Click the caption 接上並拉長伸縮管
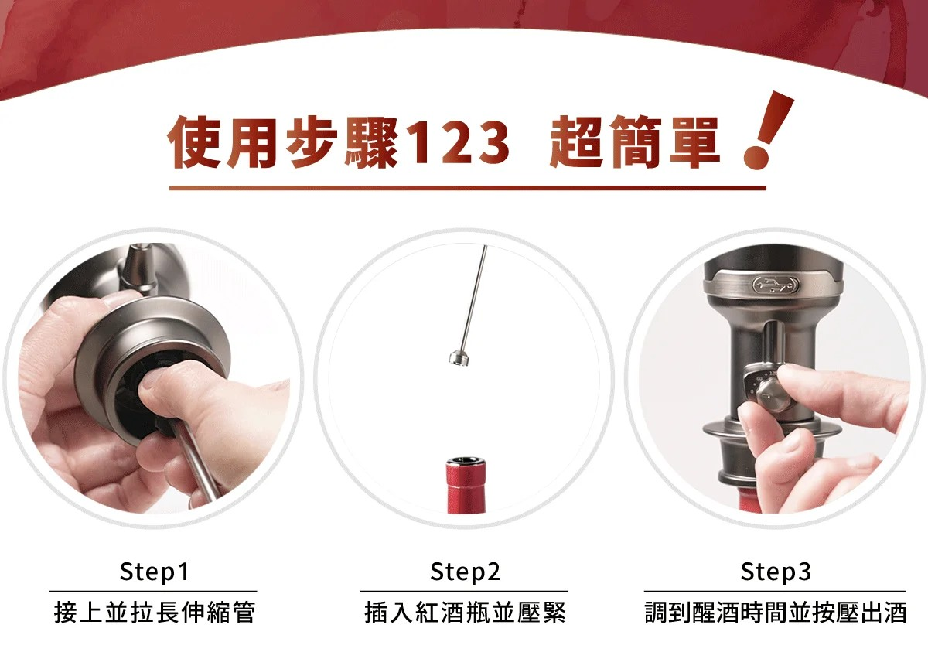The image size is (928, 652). tap(154, 613)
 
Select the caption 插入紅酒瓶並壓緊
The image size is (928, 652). tap(465, 613)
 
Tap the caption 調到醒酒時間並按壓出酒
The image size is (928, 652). tap(776, 613)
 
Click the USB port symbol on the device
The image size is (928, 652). tap(776, 285)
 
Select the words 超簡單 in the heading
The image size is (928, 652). tap(634, 143)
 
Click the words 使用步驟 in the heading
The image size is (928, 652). tap(282, 143)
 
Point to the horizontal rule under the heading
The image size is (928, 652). tap(468, 188)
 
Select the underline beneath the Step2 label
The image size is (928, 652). tap(464, 592)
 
